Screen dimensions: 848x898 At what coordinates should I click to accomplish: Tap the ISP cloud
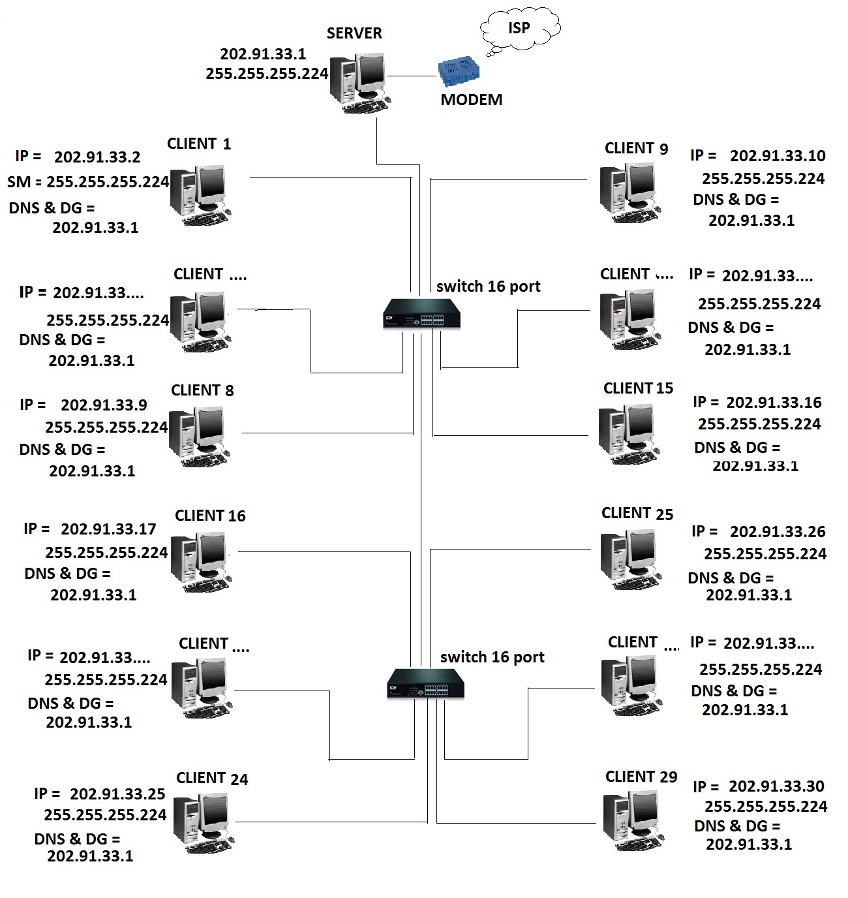[520, 29]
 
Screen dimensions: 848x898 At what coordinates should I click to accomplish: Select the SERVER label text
[354, 33]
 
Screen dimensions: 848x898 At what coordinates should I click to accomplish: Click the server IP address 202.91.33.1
[263, 54]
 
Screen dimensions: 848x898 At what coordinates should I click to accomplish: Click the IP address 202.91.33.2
[97, 157]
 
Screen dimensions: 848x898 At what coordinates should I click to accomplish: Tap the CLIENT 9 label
[637, 148]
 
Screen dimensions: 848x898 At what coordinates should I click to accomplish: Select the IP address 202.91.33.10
[778, 155]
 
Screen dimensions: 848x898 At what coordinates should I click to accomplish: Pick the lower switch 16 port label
[492, 657]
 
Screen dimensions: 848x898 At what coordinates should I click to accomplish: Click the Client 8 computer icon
[199, 437]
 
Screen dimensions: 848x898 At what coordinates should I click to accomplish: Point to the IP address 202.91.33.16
[774, 403]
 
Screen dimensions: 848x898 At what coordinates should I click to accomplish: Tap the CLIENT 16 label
[210, 516]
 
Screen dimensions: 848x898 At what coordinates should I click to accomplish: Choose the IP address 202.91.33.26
[778, 531]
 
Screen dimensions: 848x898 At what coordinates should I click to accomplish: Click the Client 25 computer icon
[631, 560]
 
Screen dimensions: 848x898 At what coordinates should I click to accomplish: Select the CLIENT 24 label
[212, 778]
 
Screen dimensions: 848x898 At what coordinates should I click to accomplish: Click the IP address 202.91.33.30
[777, 786]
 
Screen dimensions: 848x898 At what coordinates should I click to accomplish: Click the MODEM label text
[472, 99]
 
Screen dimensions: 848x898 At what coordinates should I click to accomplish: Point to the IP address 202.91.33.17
[108, 529]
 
